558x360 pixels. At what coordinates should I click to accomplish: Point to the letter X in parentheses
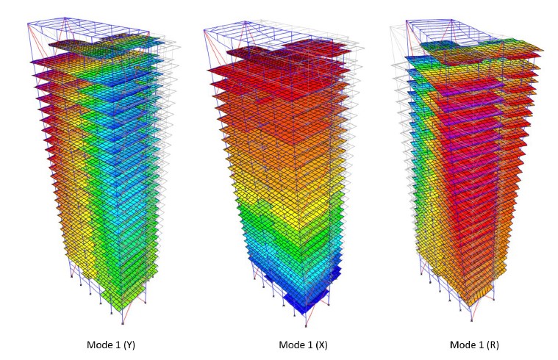click(323, 345)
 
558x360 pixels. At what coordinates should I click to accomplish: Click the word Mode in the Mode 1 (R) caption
click(462, 345)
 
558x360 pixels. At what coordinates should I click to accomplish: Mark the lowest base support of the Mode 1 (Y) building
click(122, 323)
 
